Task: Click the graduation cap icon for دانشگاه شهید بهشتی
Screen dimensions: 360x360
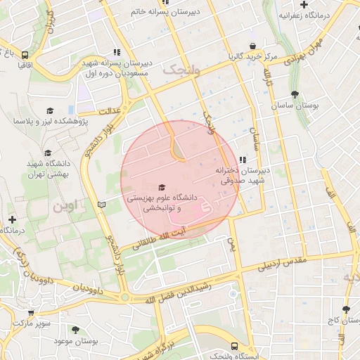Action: pos(48,153)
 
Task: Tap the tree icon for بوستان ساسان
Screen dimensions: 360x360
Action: pos(294,94)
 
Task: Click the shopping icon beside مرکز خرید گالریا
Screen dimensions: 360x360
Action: pos(232,56)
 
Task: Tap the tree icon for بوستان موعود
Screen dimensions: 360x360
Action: pos(75,329)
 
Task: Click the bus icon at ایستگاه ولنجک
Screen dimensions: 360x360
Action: pos(233,346)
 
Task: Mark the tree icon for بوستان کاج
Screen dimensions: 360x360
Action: pos(345,309)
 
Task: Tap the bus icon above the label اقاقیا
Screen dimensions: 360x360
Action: pos(25,54)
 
